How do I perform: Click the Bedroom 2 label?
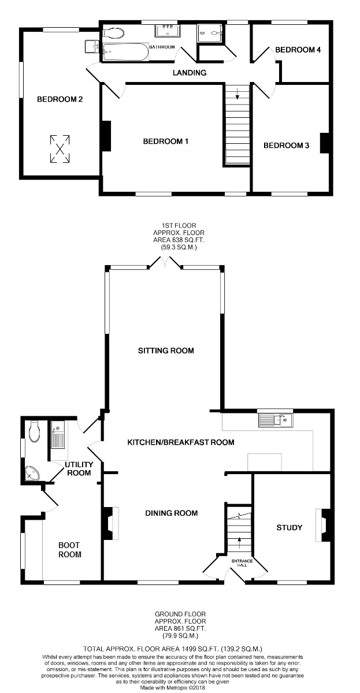[60, 99]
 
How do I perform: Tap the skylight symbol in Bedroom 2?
[60, 149]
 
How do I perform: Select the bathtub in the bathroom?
[125, 51]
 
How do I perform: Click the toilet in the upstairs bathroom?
[113, 33]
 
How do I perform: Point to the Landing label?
[190, 73]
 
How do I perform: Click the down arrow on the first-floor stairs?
[237, 94]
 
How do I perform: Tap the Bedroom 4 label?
[298, 50]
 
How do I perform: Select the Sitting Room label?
[166, 351]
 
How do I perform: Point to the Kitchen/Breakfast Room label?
[181, 442]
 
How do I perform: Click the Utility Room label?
[79, 469]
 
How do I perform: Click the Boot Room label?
[70, 550]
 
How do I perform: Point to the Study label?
[289, 527]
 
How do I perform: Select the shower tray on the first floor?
[210, 33]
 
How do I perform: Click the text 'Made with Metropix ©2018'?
[173, 688]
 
